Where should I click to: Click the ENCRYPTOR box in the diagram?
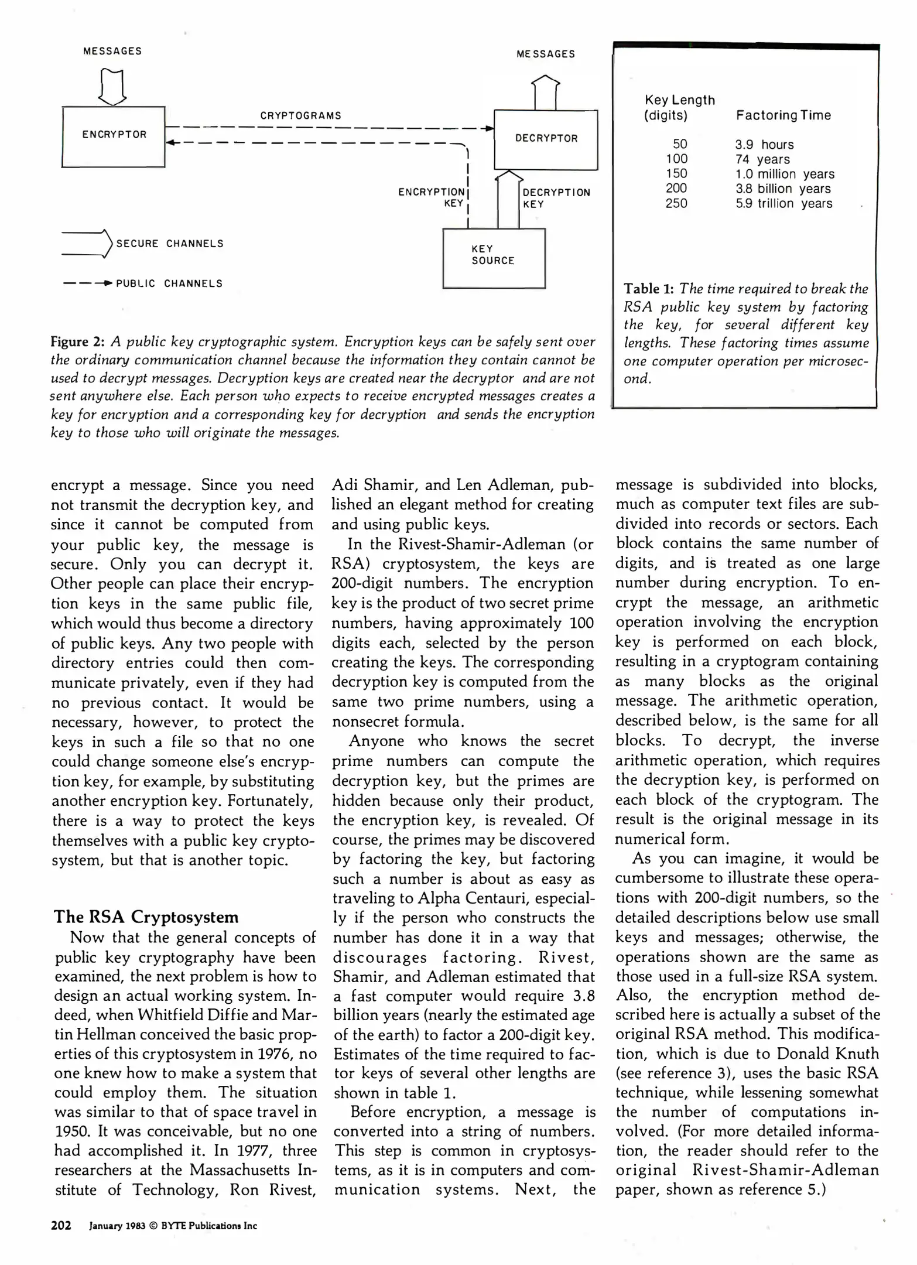[x=114, y=136]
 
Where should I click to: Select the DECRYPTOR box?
[x=546, y=139]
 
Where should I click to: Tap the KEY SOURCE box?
[x=494, y=258]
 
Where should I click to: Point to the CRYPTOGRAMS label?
[x=301, y=115]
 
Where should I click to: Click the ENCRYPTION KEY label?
[x=432, y=197]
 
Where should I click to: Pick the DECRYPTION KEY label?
[x=556, y=198]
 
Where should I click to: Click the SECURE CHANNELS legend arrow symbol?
[x=86, y=243]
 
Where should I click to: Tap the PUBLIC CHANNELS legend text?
[x=169, y=283]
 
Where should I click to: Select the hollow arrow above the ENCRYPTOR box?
[x=112, y=86]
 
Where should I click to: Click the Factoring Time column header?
[x=783, y=115]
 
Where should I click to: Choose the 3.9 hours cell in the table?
[x=764, y=145]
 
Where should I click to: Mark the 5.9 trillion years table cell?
[x=783, y=204]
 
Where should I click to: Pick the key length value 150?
[x=676, y=174]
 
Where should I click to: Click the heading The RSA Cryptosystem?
[x=146, y=917]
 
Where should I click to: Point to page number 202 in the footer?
[x=61, y=1225]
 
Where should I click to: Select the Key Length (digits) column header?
[x=679, y=107]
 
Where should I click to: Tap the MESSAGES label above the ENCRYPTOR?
[x=112, y=52]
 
